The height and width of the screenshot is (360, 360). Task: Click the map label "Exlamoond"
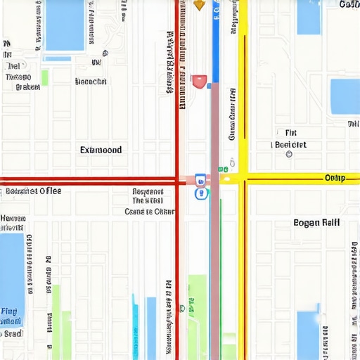click(101, 150)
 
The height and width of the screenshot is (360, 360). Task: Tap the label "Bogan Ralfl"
click(316, 222)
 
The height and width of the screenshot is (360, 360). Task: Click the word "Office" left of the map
click(50, 191)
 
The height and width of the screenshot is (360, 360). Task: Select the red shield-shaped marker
click(199, 82)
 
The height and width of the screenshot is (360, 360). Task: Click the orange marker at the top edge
click(199, 5)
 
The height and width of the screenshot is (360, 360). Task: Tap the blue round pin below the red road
click(201, 193)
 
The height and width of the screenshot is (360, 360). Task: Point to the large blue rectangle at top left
click(64, 25)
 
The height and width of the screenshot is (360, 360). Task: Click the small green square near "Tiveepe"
click(44, 77)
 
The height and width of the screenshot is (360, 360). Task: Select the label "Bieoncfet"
click(91, 82)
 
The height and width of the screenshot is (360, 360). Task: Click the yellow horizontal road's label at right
click(334, 178)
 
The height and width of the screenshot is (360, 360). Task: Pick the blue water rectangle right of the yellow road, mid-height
click(345, 96)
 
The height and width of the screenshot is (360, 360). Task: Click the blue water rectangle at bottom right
click(308, 335)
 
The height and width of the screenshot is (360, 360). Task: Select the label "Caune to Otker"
click(149, 211)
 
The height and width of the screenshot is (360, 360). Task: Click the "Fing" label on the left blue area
click(10, 311)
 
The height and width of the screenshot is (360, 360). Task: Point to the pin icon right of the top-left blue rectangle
click(105, 53)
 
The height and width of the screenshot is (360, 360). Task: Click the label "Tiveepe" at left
click(18, 77)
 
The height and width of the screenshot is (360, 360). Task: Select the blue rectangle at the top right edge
click(308, 17)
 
